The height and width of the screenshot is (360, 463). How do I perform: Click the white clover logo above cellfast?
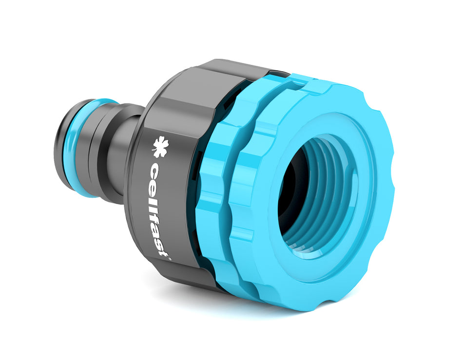pos(159,147)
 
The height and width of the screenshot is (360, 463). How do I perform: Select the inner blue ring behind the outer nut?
pos(214,205)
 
